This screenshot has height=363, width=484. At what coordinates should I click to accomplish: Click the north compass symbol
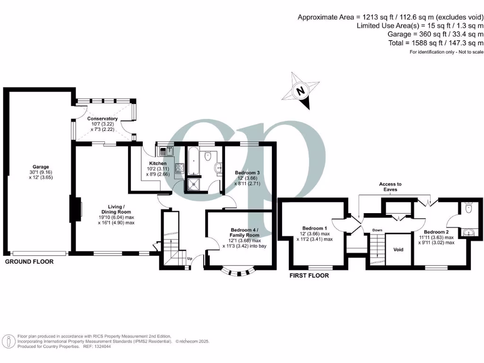(301, 90)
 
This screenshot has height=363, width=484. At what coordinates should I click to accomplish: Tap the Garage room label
(41, 167)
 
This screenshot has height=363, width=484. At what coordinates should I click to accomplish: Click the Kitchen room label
(158, 164)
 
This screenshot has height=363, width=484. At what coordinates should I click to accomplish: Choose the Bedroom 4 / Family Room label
(244, 232)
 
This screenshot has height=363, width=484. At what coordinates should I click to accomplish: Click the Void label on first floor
(398, 250)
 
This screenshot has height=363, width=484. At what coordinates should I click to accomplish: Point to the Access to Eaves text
(390, 187)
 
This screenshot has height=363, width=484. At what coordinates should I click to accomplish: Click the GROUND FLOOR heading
(29, 261)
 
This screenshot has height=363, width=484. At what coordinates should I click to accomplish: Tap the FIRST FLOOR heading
(309, 275)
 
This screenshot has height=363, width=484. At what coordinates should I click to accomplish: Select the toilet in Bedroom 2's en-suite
(468, 208)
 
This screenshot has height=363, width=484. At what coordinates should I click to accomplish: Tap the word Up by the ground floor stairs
(190, 259)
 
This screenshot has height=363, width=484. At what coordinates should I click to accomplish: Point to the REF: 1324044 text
(97, 346)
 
